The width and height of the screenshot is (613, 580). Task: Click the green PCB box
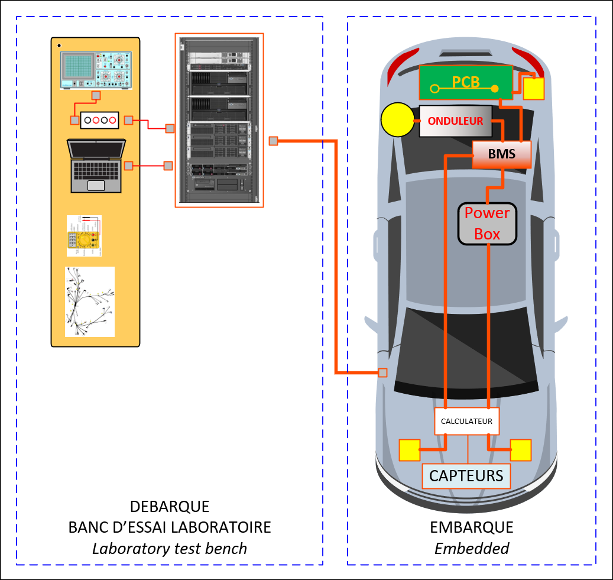coord(466,82)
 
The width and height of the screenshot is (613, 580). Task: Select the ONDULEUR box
coord(455,121)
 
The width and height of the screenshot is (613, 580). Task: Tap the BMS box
coord(502,154)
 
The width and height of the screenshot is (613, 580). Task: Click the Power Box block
coord(487,223)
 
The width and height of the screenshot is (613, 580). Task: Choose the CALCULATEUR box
coord(467,422)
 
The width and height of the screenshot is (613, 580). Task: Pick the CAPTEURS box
coord(466,475)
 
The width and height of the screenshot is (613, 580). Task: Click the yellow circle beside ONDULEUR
coord(397,120)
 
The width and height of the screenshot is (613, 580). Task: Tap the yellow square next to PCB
coord(534,89)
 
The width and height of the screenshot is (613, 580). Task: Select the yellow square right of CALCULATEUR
coord(520,450)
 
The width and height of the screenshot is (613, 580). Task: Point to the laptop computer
coord(96,166)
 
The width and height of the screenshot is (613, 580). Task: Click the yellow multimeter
coord(84,236)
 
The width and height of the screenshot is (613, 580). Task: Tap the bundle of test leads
coord(89,302)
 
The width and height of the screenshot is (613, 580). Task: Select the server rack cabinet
coord(219,121)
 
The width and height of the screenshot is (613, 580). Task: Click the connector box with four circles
coord(100,120)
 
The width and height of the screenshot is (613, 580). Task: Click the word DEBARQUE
coord(169,507)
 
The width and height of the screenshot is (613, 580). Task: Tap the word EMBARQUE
coord(471,527)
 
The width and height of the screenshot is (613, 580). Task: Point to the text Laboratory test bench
coord(169,549)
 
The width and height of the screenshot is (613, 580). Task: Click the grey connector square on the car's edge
coord(382,372)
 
